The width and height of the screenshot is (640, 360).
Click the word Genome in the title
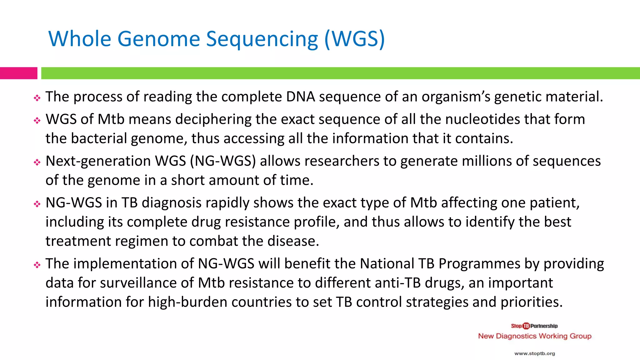(158, 39)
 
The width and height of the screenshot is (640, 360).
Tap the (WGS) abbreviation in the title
(355, 39)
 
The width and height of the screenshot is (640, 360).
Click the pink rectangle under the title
(18, 73)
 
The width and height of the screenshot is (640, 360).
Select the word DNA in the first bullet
(300, 97)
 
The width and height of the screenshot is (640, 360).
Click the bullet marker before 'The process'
(37, 98)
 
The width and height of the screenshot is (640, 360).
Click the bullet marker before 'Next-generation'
(37, 162)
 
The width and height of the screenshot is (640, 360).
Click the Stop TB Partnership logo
(534, 326)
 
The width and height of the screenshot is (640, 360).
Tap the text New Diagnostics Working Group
(534, 336)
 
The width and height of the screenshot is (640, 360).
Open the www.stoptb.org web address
(534, 353)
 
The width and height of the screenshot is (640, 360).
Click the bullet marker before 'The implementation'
(37, 265)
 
